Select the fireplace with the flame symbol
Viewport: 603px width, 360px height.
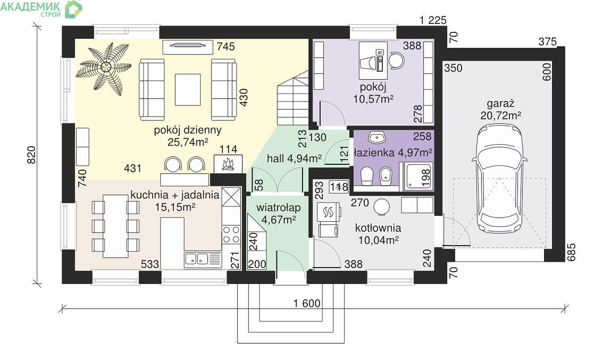coord(228,163)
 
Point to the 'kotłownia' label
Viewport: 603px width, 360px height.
coord(378,228)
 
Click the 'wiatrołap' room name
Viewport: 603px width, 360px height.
coord(279,208)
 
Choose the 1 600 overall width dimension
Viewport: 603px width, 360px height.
coord(307,304)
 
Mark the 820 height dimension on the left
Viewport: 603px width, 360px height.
coord(31,155)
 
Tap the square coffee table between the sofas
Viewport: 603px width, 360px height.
coord(188,90)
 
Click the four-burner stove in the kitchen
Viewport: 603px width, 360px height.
coord(231,235)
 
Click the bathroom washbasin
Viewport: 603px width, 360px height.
coord(377,137)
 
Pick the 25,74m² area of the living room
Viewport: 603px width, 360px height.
coord(188,142)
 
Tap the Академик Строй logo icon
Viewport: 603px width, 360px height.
coord(73,9)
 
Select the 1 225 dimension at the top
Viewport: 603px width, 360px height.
coord(433,20)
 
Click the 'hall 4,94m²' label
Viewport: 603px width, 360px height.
coord(294,158)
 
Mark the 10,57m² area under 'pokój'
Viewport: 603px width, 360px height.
coord(373,99)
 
